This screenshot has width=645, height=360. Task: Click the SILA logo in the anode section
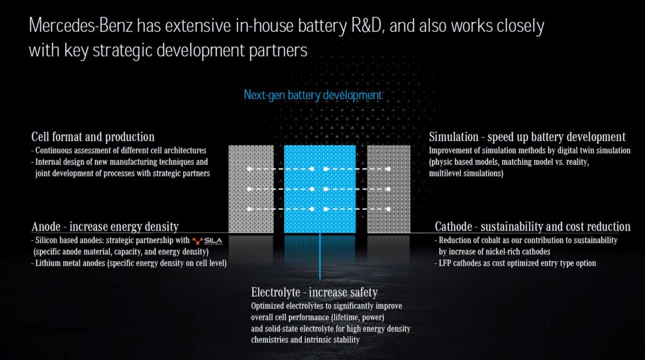(x=207, y=241)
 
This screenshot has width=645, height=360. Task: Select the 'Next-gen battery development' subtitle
(x=313, y=95)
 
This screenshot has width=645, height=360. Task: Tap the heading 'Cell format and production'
(x=93, y=137)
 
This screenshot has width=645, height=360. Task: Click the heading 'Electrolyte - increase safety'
(x=314, y=292)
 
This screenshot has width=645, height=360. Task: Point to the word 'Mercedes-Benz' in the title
(x=81, y=25)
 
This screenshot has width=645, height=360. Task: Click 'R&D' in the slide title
(x=368, y=25)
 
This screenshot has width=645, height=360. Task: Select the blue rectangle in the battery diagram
(x=320, y=189)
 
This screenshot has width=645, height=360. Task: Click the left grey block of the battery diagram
(x=251, y=189)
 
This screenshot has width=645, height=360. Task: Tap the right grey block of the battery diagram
(x=389, y=189)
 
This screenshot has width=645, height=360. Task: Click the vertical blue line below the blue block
(x=320, y=256)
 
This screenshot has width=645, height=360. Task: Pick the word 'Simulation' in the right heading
(x=454, y=137)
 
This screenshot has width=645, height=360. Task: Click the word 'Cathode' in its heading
(x=453, y=227)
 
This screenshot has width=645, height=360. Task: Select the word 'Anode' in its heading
(x=46, y=227)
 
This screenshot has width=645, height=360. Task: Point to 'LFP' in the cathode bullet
(x=444, y=263)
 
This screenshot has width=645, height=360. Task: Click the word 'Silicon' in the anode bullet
(x=46, y=240)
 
